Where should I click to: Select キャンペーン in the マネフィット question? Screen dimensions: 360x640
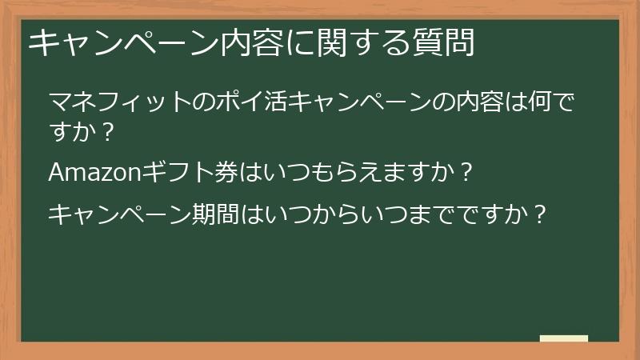pos(358,102)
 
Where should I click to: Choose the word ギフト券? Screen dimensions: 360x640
pos(190,171)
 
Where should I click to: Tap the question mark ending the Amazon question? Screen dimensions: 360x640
pos(467,171)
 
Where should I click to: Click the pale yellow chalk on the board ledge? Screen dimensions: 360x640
pos(564,338)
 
